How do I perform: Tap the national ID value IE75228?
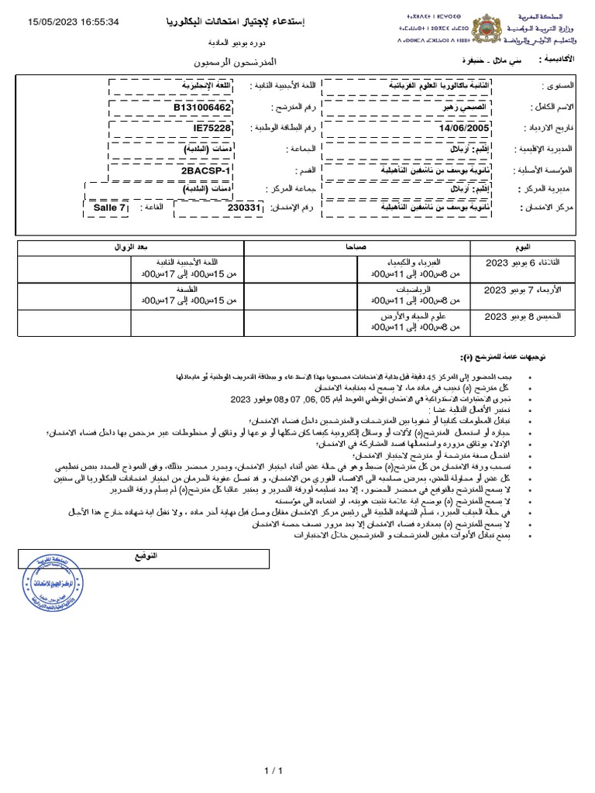pyautogui.click(x=212, y=127)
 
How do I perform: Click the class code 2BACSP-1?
pyautogui.click(x=204, y=168)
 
